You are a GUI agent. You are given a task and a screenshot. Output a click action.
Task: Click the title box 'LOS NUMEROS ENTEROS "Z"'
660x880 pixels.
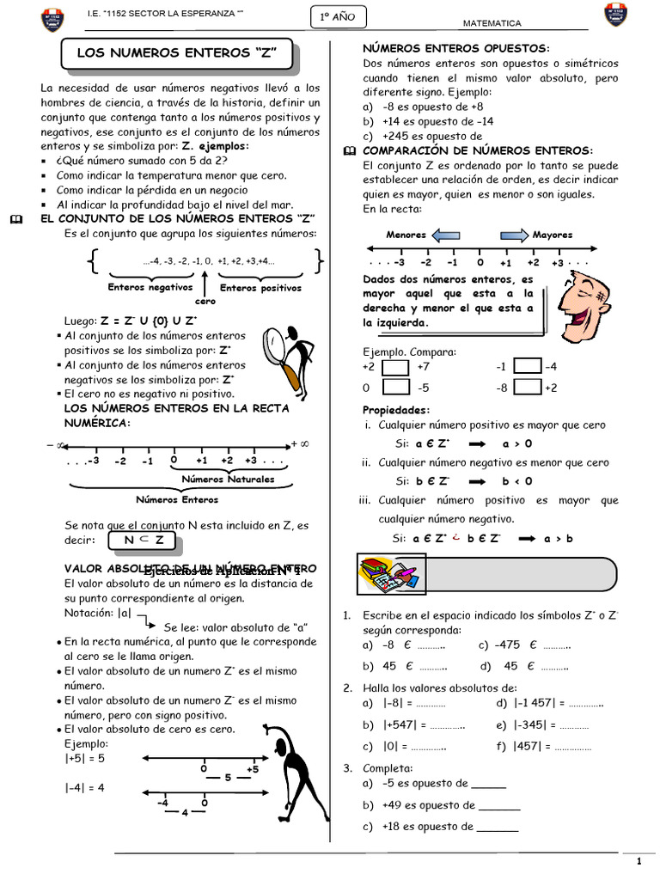click(178, 53)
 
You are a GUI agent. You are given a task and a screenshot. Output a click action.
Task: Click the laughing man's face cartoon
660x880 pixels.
click(588, 300)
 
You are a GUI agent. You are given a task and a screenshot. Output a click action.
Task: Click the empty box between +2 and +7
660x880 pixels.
click(395, 367)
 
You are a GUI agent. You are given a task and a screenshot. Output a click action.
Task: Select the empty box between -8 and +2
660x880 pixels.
click(528, 388)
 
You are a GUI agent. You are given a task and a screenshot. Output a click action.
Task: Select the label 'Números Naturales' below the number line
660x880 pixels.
click(229, 479)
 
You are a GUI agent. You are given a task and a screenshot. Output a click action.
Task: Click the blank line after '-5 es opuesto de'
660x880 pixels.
click(488, 784)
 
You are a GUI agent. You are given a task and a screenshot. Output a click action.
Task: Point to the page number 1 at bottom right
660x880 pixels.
click(639, 861)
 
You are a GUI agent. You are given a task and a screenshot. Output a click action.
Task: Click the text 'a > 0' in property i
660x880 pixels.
click(516, 443)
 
